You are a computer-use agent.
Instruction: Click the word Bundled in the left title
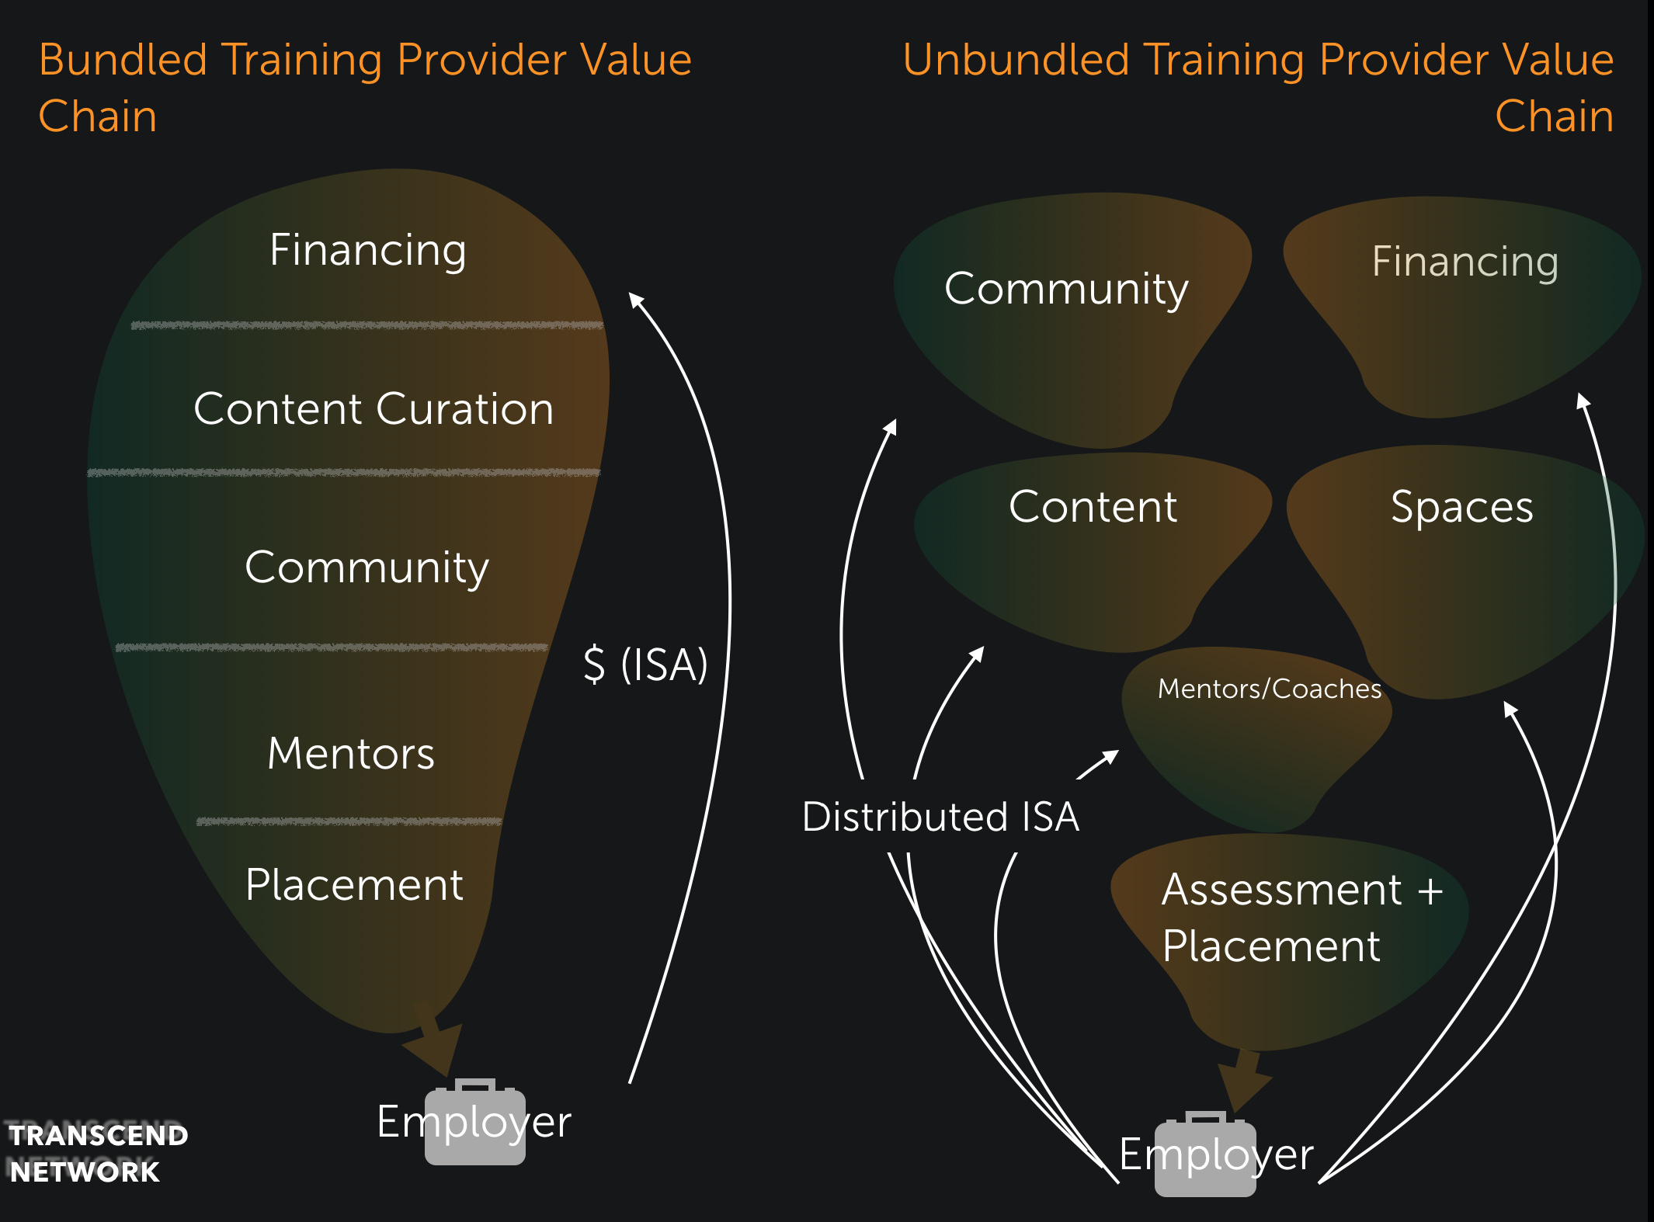[123, 60]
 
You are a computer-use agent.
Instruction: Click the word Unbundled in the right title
[1016, 60]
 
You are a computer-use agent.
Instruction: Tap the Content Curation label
[374, 409]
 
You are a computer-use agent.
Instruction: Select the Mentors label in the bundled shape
[351, 753]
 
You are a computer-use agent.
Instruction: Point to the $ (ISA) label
[645, 665]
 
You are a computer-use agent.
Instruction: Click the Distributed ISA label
[940, 817]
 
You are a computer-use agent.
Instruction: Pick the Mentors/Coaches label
[1269, 689]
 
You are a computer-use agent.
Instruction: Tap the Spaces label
[1461, 508]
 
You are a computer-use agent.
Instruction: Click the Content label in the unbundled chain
[1093, 507]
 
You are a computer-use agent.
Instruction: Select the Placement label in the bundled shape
[354, 884]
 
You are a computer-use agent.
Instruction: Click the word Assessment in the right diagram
[1281, 890]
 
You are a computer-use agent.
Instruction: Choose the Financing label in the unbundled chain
[1465, 262]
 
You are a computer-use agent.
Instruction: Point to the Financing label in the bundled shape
[367, 250]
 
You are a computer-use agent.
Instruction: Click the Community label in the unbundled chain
[1066, 289]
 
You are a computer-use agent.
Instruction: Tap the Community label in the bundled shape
[367, 568]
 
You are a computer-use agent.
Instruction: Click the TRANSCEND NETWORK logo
[97, 1153]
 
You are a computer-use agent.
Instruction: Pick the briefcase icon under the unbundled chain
[1204, 1156]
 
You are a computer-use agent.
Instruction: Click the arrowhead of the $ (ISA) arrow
[635, 299]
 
